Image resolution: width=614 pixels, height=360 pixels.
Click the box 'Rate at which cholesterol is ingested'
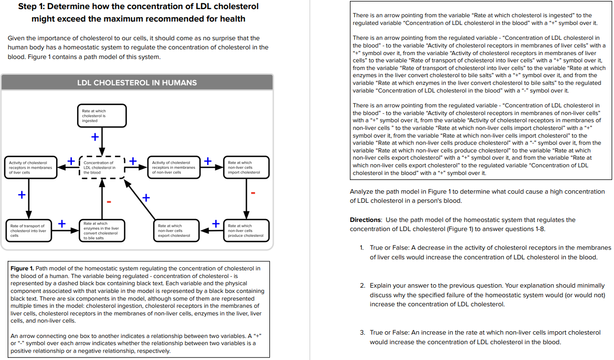102,116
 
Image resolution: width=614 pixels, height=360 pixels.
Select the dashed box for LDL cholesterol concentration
102,167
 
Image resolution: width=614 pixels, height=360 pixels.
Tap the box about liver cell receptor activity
29,167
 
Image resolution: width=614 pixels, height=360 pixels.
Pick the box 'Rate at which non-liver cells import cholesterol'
246,167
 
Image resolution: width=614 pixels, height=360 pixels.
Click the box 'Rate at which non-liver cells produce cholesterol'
246,231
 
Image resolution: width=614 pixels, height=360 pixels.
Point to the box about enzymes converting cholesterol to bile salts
102,231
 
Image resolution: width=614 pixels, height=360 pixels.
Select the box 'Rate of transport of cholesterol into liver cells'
29,231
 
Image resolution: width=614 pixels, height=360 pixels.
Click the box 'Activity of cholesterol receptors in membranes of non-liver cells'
174,167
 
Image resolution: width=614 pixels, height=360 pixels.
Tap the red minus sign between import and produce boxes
253,193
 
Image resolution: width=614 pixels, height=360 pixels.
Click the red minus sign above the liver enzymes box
109,201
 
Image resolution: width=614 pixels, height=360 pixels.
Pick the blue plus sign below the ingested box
95,138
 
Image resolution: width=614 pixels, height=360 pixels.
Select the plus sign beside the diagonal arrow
146,197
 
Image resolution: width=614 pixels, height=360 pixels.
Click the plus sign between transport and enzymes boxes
62,223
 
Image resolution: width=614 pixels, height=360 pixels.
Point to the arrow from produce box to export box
210,231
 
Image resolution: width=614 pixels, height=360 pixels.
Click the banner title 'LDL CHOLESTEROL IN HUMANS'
137,82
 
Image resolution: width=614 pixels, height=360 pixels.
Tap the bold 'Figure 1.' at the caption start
22,268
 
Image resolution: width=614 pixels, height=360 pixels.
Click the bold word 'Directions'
365,220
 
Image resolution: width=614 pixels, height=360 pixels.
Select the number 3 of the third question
362,333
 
